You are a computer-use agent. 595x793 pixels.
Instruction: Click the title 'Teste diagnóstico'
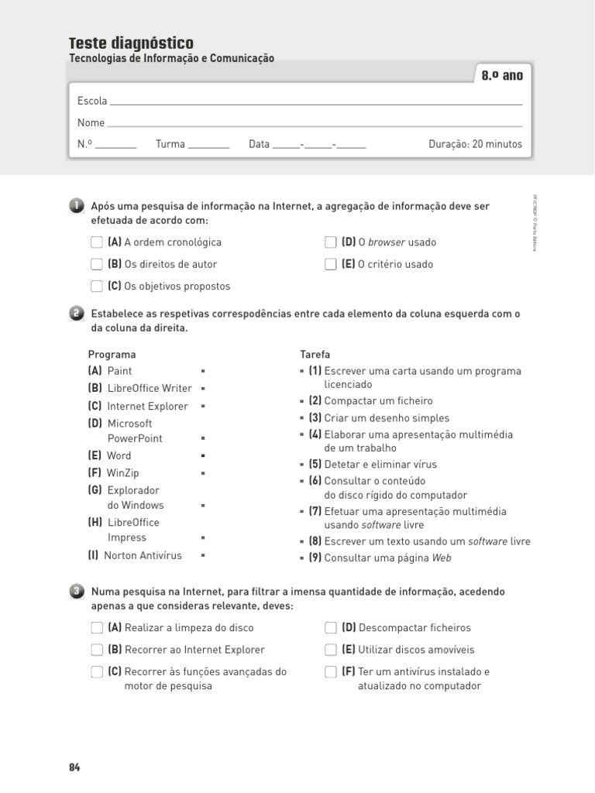131,43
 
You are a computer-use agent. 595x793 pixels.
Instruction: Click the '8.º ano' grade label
502,76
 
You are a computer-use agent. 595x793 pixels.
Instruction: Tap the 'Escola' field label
92,101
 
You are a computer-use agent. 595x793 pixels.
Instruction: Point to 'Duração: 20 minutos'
475,144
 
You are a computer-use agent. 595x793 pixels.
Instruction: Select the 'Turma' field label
170,144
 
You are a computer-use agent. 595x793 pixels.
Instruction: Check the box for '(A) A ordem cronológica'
96,242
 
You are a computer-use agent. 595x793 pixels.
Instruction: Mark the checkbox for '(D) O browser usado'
331,242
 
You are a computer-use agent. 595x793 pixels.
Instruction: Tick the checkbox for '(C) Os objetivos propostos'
96,286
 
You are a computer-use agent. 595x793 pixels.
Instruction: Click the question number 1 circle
76,206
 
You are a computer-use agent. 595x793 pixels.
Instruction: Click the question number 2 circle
76,314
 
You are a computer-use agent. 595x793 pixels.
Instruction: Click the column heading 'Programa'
112,354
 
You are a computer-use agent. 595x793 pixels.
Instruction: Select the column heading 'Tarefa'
315,354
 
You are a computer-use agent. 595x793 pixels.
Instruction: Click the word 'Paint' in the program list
119,371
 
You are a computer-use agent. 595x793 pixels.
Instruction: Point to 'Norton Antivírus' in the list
143,555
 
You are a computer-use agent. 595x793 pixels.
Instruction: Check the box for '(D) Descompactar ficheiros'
331,628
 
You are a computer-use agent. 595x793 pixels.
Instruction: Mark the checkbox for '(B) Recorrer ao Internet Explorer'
96,650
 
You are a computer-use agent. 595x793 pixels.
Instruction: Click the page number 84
74,767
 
